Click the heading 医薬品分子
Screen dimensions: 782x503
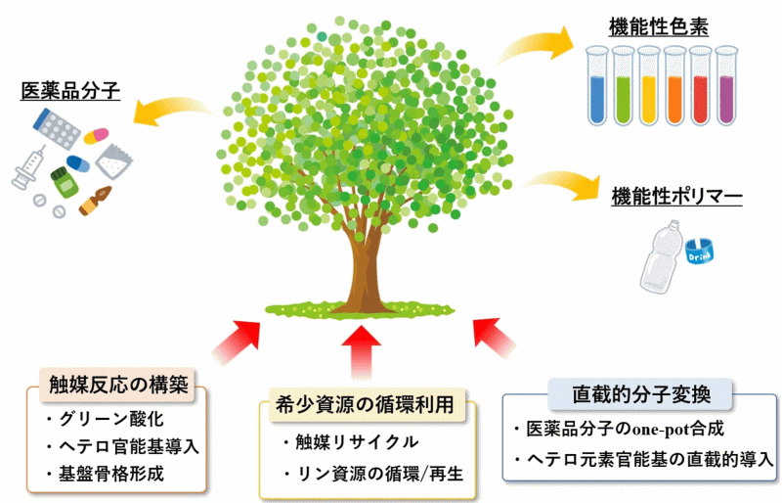(x=70, y=91)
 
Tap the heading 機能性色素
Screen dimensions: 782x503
(x=658, y=26)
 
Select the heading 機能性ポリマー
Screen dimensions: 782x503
(x=676, y=197)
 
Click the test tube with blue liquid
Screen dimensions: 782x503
(x=597, y=85)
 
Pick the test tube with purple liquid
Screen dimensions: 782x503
(x=726, y=85)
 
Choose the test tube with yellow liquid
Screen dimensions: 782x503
(x=649, y=85)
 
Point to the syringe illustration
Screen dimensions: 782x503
(x=28, y=167)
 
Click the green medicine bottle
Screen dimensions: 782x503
(x=65, y=182)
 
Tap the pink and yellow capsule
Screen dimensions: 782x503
(x=96, y=136)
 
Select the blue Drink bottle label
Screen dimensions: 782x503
(x=699, y=251)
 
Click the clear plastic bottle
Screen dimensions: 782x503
(x=662, y=256)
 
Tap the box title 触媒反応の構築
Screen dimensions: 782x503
(x=118, y=386)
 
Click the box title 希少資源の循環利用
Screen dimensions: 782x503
(x=364, y=403)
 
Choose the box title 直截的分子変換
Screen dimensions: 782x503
(x=641, y=394)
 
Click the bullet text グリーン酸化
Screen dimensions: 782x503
(x=111, y=419)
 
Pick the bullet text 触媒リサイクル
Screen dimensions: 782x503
(x=357, y=442)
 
